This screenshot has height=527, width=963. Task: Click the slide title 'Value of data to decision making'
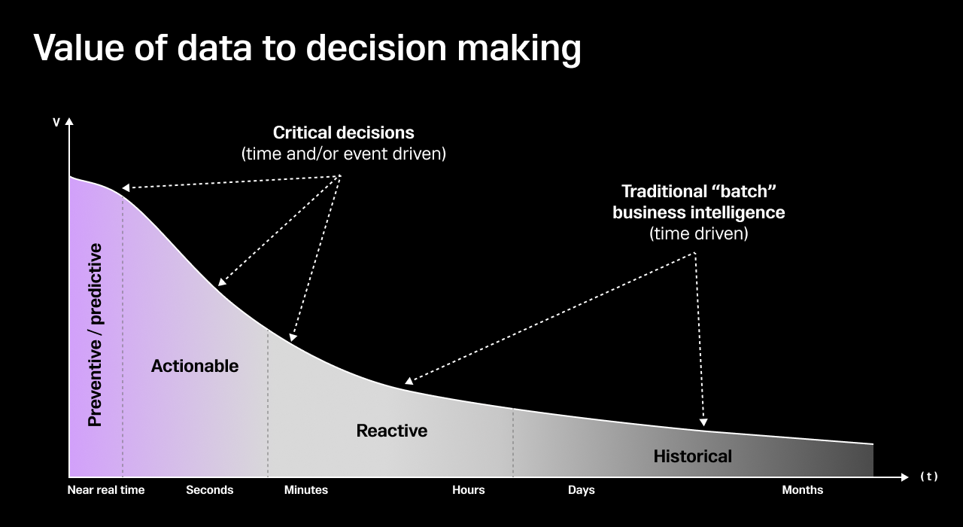click(307, 47)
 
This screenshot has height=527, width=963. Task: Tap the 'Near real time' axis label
click(106, 490)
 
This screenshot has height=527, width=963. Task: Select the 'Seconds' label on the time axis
click(210, 490)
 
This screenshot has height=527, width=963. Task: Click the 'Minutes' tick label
click(306, 490)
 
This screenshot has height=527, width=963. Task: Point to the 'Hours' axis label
click(469, 490)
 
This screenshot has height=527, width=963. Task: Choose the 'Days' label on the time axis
click(582, 490)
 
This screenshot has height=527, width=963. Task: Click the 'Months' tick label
click(803, 490)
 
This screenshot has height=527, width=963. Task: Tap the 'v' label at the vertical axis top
click(56, 122)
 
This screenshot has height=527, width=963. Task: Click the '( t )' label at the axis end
click(929, 477)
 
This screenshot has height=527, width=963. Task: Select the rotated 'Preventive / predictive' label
click(96, 335)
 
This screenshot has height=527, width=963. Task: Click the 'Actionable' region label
click(195, 366)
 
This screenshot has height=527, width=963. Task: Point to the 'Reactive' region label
click(392, 431)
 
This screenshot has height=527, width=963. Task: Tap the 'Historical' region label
click(692, 456)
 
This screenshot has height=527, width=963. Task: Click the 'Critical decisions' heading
click(343, 133)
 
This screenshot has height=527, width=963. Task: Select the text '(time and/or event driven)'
click(343, 154)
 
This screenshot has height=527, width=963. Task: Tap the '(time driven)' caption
click(698, 233)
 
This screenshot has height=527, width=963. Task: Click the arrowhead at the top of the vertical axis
click(69, 121)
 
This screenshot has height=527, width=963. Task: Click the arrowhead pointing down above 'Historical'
click(704, 423)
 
